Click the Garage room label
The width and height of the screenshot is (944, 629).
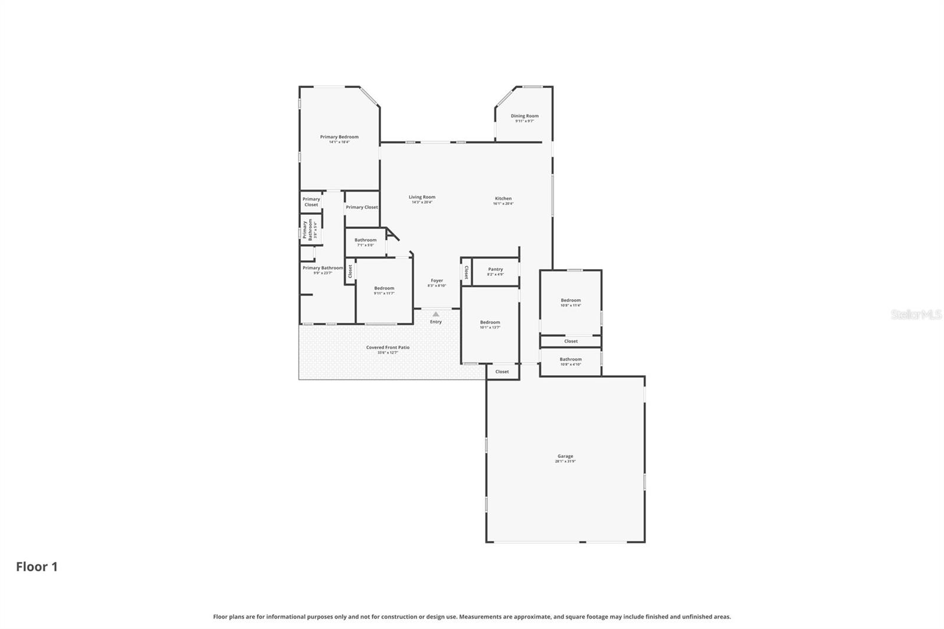click(565, 457)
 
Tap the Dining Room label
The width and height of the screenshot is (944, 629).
click(525, 117)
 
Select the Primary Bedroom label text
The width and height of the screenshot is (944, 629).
click(339, 137)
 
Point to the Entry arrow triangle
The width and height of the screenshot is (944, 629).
click(435, 314)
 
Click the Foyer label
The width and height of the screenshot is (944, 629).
click(437, 281)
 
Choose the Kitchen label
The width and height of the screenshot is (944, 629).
click(503, 199)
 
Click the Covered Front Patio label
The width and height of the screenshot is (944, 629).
click(388, 348)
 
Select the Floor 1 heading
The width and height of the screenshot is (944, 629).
click(37, 567)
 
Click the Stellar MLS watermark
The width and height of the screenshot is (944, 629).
click(916, 315)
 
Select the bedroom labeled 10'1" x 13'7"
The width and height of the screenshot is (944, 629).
click(490, 323)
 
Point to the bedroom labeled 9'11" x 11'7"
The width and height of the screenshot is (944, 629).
click(384, 289)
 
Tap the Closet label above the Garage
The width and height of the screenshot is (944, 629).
click(502, 372)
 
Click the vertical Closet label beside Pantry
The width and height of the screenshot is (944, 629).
click(466, 272)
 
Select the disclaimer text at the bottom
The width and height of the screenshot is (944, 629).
click(471, 617)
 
